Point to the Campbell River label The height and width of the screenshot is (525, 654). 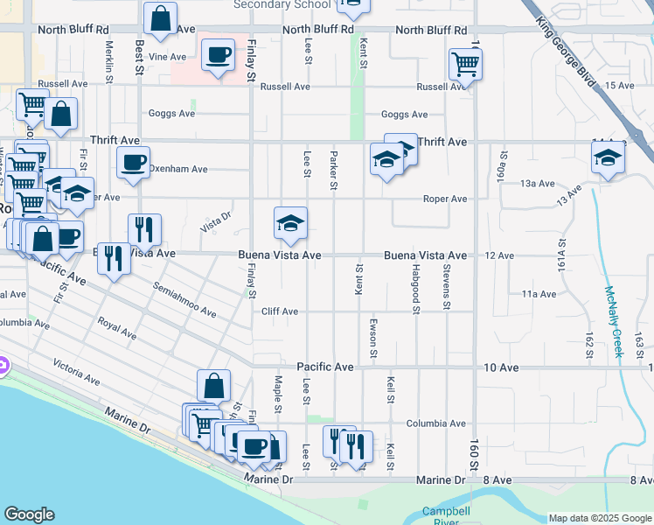[446, 516]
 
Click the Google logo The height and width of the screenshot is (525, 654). [29, 514]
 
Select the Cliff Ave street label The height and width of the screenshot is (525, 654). [279, 311]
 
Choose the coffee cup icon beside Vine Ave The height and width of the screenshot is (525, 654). [218, 56]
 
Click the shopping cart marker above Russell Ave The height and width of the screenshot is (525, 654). [465, 63]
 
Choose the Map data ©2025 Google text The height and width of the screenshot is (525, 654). [599, 518]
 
